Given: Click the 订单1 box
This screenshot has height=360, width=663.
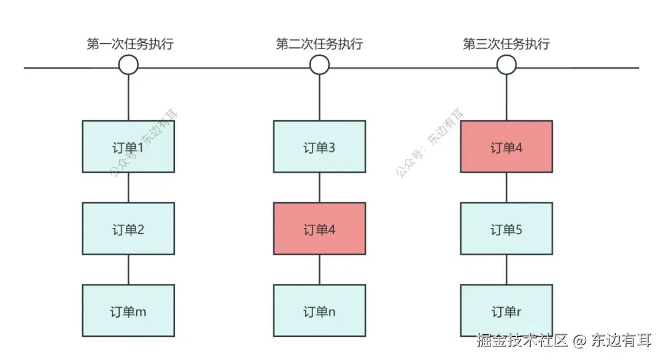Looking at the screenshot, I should pyautogui.click(x=128, y=146).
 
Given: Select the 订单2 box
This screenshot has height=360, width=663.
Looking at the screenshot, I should pyautogui.click(x=128, y=229).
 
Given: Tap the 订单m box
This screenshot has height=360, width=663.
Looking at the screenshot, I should pyautogui.click(x=128, y=310).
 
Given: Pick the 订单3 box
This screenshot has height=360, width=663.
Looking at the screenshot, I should pyautogui.click(x=319, y=146).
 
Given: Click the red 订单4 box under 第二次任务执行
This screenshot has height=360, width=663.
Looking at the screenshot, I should pyautogui.click(x=319, y=229).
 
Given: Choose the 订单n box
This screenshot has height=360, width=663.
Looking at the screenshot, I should pyautogui.click(x=319, y=310).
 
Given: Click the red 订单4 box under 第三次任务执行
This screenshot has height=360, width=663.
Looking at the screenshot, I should pyautogui.click(x=506, y=146).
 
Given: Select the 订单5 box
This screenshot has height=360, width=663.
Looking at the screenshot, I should pyautogui.click(x=506, y=229).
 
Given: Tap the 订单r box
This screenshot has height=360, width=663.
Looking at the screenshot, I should pyautogui.click(x=506, y=310).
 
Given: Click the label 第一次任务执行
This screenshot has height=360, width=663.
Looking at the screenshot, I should pyautogui.click(x=128, y=44).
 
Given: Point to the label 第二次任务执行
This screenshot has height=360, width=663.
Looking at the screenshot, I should pyautogui.click(x=319, y=44).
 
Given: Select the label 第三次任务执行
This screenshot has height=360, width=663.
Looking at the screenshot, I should pyautogui.click(x=506, y=44).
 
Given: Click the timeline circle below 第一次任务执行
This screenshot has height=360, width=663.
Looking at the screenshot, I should pyautogui.click(x=128, y=65).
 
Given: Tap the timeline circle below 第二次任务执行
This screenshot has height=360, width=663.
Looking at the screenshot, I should pyautogui.click(x=319, y=65).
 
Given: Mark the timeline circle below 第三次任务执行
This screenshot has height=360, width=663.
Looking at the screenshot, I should pyautogui.click(x=506, y=65).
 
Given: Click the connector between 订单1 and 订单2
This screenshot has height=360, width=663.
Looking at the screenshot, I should pyautogui.click(x=128, y=187).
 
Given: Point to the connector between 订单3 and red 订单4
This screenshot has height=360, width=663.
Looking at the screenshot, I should pyautogui.click(x=319, y=187).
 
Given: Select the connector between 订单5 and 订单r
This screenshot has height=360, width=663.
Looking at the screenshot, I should pyautogui.click(x=506, y=269).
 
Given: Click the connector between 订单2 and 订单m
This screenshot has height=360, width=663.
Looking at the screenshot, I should pyautogui.click(x=128, y=269).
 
